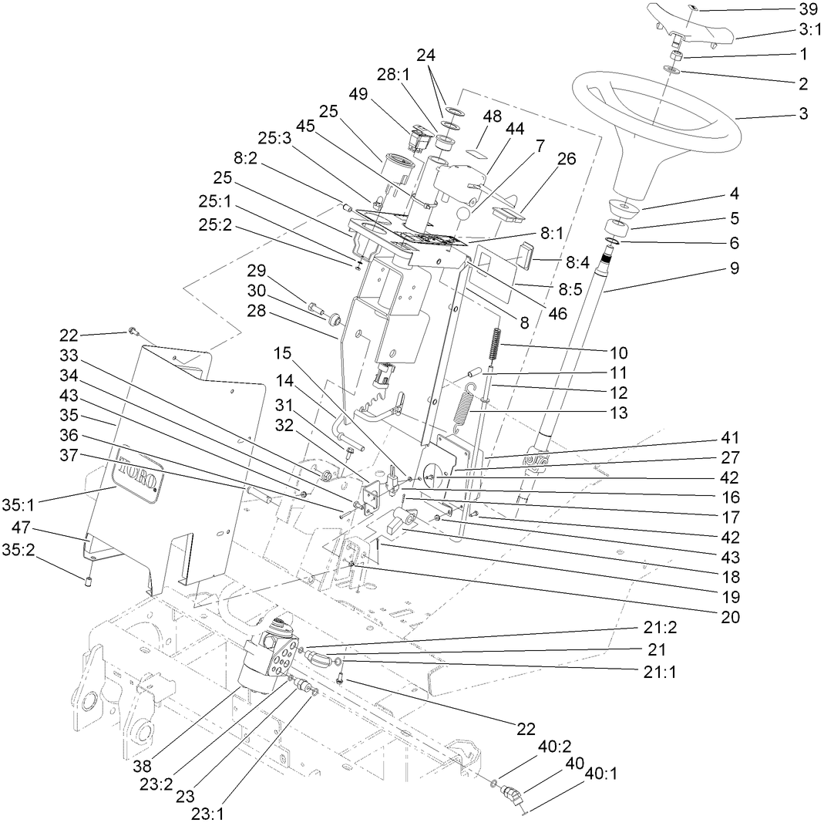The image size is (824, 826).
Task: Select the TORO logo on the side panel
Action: pyautogui.click(x=139, y=473)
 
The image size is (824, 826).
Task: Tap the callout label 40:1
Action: pyautogui.click(x=601, y=772)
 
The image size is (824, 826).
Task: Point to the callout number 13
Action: pyautogui.click(x=617, y=413)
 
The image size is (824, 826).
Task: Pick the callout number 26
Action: pyautogui.click(x=567, y=159)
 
